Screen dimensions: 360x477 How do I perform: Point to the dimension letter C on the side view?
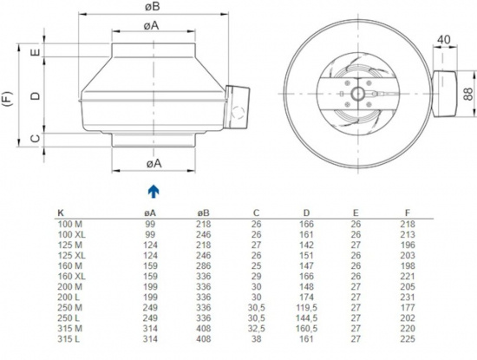point(36,137)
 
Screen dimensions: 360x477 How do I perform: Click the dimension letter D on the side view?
point(36,95)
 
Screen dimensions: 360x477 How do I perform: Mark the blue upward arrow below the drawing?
point(153,190)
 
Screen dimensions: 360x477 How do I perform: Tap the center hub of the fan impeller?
point(356,91)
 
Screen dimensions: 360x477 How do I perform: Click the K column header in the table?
point(60,212)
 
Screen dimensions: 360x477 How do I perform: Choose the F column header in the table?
point(408,212)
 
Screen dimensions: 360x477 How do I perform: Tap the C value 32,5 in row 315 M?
point(258,328)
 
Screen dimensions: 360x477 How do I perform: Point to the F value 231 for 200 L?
point(408,297)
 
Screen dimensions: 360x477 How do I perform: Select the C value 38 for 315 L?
point(256,339)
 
